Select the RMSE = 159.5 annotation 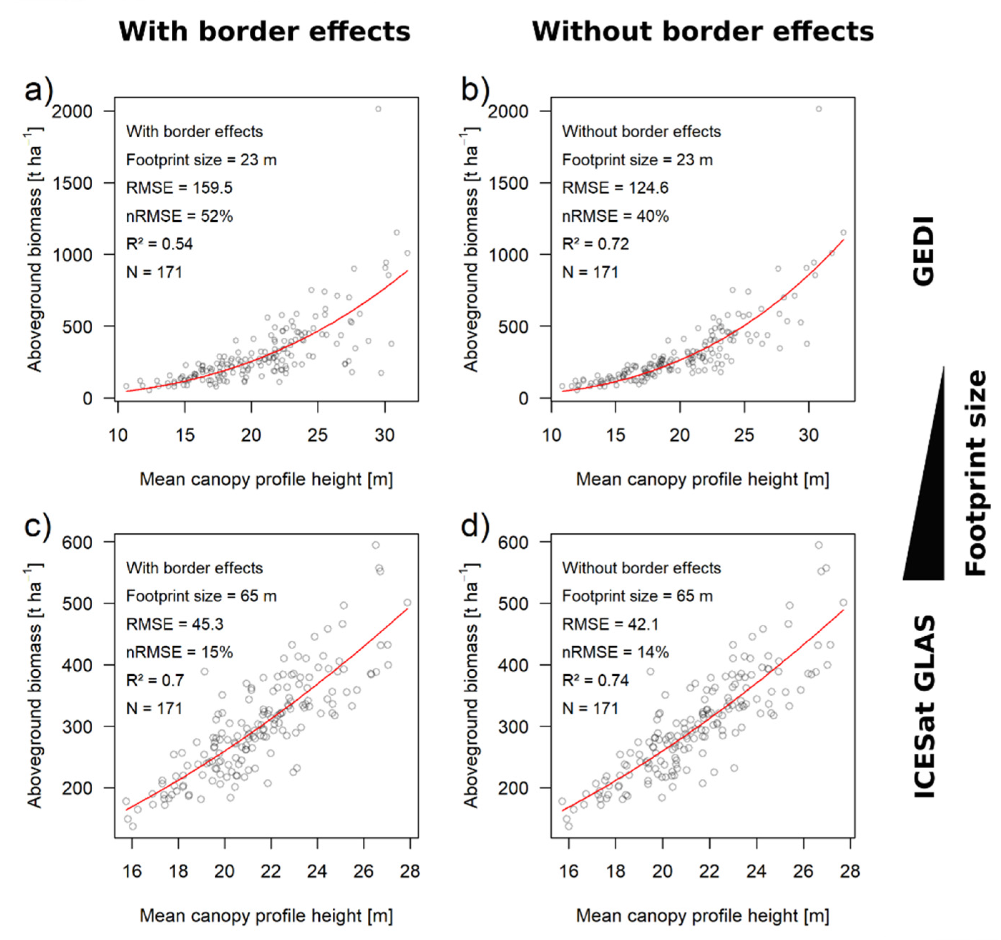pos(179,188)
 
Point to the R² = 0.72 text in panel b pos(596,244)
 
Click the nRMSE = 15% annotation pos(179,652)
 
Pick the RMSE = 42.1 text pos(610,624)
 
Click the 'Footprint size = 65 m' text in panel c pos(201,596)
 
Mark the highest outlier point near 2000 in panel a pos(378,109)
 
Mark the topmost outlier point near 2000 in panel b pos(819,109)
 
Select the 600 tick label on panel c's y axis pos(78,543)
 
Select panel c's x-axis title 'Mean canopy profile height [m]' pos(266,916)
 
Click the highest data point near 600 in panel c pos(376,545)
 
